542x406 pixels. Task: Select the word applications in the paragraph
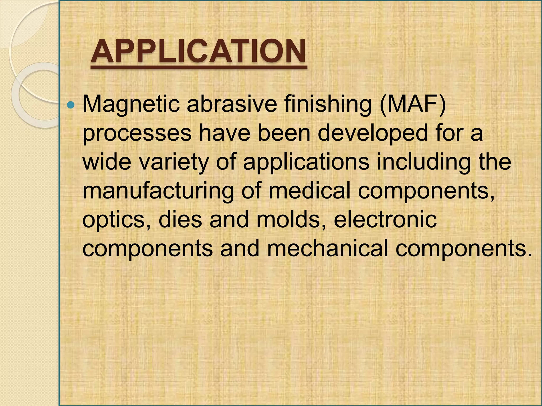coord(306,163)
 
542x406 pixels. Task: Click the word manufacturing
coord(158,191)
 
